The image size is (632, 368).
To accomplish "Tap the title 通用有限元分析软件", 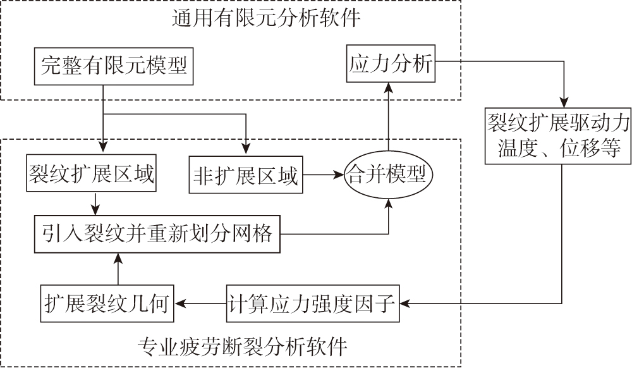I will pos(266,19).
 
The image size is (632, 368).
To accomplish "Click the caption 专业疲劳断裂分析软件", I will pos(243,347).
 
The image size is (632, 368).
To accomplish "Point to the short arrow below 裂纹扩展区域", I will pos(95,203).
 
